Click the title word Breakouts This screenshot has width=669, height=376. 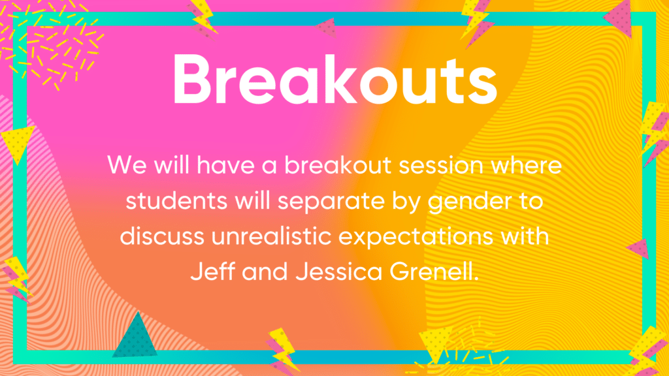[335, 80]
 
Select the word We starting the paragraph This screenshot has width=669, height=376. [127, 165]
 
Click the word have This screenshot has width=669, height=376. [225, 164]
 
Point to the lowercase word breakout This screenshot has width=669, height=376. [338, 164]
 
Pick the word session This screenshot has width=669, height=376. [441, 165]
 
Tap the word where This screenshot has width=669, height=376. [526, 164]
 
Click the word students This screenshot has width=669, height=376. [176, 201]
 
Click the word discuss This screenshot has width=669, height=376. [162, 236]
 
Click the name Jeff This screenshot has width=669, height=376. [212, 272]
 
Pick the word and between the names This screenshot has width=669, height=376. [265, 272]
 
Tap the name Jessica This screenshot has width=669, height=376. [339, 272]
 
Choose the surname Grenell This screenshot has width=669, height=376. [434, 272]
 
